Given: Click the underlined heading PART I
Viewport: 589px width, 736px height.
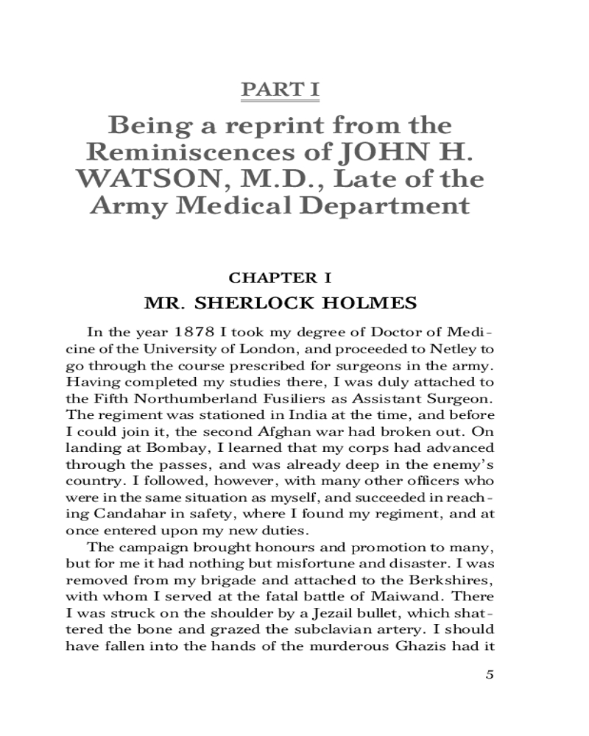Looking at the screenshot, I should (x=281, y=91).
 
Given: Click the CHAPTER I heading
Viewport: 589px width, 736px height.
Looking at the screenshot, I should (x=281, y=277).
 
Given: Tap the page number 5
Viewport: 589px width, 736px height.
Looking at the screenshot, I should (x=490, y=676).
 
